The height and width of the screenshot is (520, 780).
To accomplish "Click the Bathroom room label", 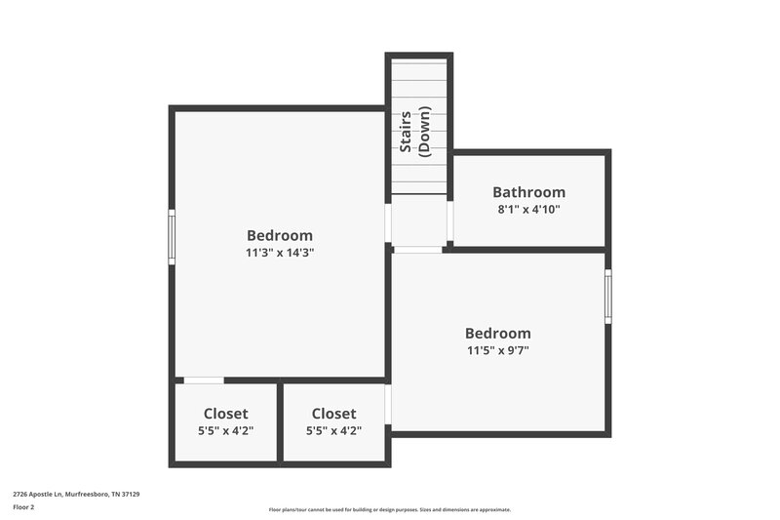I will click(x=528, y=192).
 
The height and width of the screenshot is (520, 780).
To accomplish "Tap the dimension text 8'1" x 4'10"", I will click(x=528, y=209).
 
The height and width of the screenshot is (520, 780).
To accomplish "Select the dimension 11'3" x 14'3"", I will click(x=280, y=252).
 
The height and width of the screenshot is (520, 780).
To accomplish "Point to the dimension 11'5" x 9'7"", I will click(x=497, y=350).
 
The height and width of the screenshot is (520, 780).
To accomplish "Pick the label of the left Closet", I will click(x=225, y=414).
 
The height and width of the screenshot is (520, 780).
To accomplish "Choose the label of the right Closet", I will click(x=333, y=414).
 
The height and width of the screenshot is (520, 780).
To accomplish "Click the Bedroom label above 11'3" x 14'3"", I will click(x=280, y=235).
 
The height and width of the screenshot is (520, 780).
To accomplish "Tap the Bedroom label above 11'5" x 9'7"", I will click(x=497, y=334).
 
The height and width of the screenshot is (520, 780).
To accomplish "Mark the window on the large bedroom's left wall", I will click(x=172, y=237).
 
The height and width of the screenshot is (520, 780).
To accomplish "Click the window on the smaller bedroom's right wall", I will click(x=608, y=297).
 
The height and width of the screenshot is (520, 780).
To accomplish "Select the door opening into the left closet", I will click(x=203, y=380).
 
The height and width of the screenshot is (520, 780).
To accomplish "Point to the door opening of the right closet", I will click(x=388, y=404).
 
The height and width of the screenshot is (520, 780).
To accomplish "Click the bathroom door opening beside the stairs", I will click(x=449, y=221).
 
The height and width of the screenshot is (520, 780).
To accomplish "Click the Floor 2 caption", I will click(x=23, y=507).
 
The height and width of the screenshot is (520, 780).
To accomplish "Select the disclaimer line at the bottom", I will click(x=389, y=509).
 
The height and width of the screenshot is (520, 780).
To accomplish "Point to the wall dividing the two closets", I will click(x=280, y=421).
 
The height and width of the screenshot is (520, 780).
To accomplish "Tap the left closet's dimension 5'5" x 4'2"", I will click(x=225, y=430).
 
